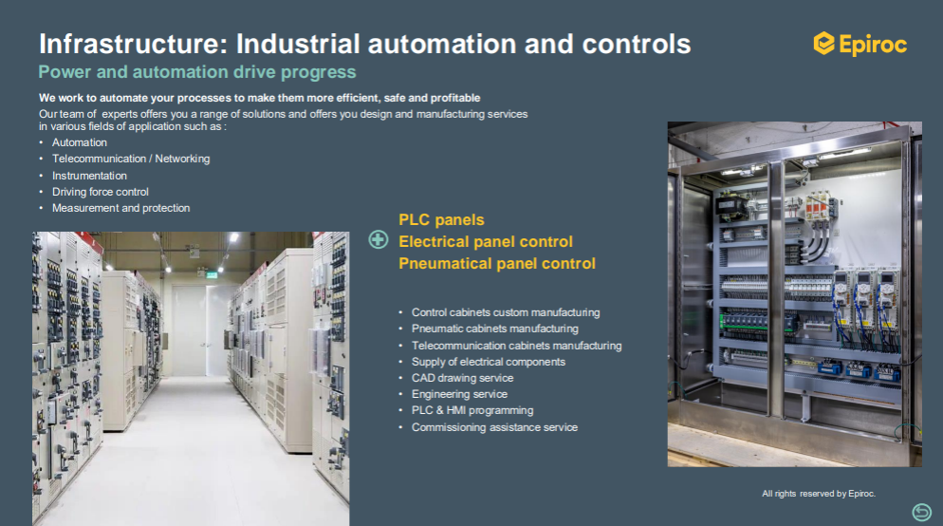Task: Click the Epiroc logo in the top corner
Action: tap(860, 44)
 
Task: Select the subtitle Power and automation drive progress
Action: tap(197, 72)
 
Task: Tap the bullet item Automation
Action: tap(80, 142)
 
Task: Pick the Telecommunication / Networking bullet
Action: tap(131, 159)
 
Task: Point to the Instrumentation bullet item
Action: tap(89, 176)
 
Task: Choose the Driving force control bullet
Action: tap(101, 192)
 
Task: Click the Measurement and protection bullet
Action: tap(120, 208)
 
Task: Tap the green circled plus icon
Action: tap(379, 239)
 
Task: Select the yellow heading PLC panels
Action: tap(441, 219)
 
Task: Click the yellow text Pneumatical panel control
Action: tap(497, 264)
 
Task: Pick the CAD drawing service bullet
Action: tap(462, 378)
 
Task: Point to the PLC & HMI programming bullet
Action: tap(472, 410)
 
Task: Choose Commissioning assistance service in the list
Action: tap(495, 427)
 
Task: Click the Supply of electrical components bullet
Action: tap(489, 362)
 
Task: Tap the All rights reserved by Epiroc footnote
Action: tap(819, 494)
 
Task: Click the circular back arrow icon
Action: tap(921, 512)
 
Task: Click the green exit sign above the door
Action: tap(211, 275)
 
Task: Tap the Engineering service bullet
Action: tap(459, 394)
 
